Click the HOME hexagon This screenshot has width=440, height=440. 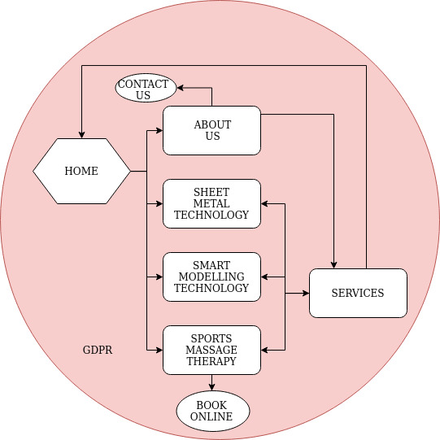81,171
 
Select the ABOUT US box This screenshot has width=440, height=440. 211,130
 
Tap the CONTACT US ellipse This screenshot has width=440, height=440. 146,88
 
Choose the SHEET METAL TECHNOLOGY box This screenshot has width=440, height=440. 211,203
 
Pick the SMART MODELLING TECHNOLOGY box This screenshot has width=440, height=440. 211,277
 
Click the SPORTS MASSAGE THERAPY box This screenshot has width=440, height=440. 211,351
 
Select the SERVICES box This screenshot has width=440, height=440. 358,294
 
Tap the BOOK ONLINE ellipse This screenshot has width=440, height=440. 213,411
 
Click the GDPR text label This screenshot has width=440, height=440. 98,350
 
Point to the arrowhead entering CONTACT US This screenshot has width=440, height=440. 180,88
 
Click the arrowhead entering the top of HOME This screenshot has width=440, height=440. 81,135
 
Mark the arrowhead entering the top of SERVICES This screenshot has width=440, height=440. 333,265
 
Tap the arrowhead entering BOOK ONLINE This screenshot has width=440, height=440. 211,387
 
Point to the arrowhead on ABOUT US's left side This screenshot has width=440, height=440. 159,130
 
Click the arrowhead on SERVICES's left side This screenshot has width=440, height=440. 306,294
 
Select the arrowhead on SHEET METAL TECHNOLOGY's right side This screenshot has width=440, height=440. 264,203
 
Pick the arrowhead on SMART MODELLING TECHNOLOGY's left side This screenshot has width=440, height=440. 159,277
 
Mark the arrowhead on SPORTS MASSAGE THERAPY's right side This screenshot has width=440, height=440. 264,351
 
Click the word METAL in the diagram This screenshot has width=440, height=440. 211,203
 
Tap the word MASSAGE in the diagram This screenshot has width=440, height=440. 211,350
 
